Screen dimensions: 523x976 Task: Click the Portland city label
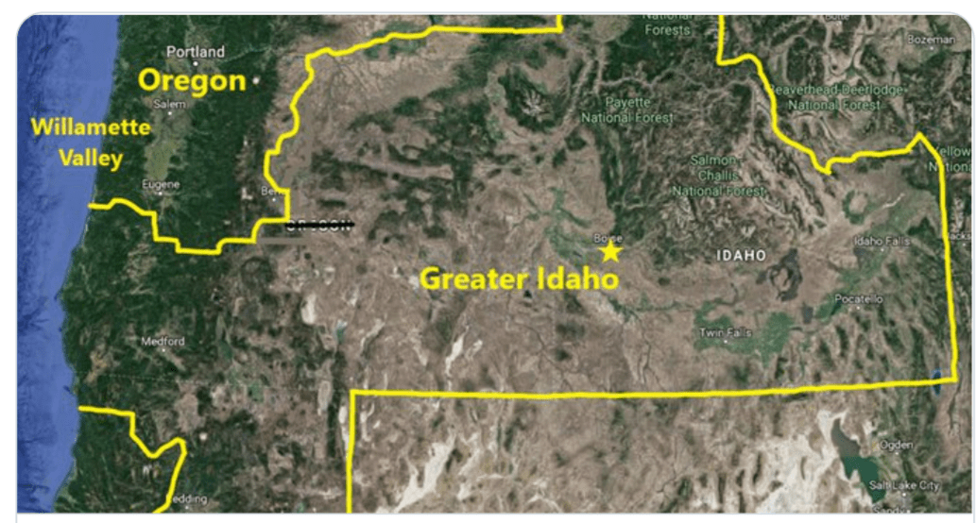pos(196,52)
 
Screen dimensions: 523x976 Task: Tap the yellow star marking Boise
pos(610,252)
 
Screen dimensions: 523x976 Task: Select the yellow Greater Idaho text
pos(519,279)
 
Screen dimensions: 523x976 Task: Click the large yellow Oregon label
pos(192,80)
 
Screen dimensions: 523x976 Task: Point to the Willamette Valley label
pos(91,142)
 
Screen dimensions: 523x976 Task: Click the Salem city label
pos(169,104)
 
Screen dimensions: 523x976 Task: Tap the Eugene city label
pos(160,185)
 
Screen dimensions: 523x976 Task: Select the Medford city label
pos(163,342)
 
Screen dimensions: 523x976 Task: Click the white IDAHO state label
pos(742,256)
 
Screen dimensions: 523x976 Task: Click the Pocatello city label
pos(858,299)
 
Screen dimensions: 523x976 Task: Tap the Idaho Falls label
pos(882,242)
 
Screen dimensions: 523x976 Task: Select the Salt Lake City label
pos(904,485)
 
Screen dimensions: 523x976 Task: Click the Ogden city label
pos(895,445)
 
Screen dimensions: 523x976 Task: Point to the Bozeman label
pos(930,40)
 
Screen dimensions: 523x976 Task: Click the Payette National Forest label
pos(627,110)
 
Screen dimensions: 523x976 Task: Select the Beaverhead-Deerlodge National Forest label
pos(835,96)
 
